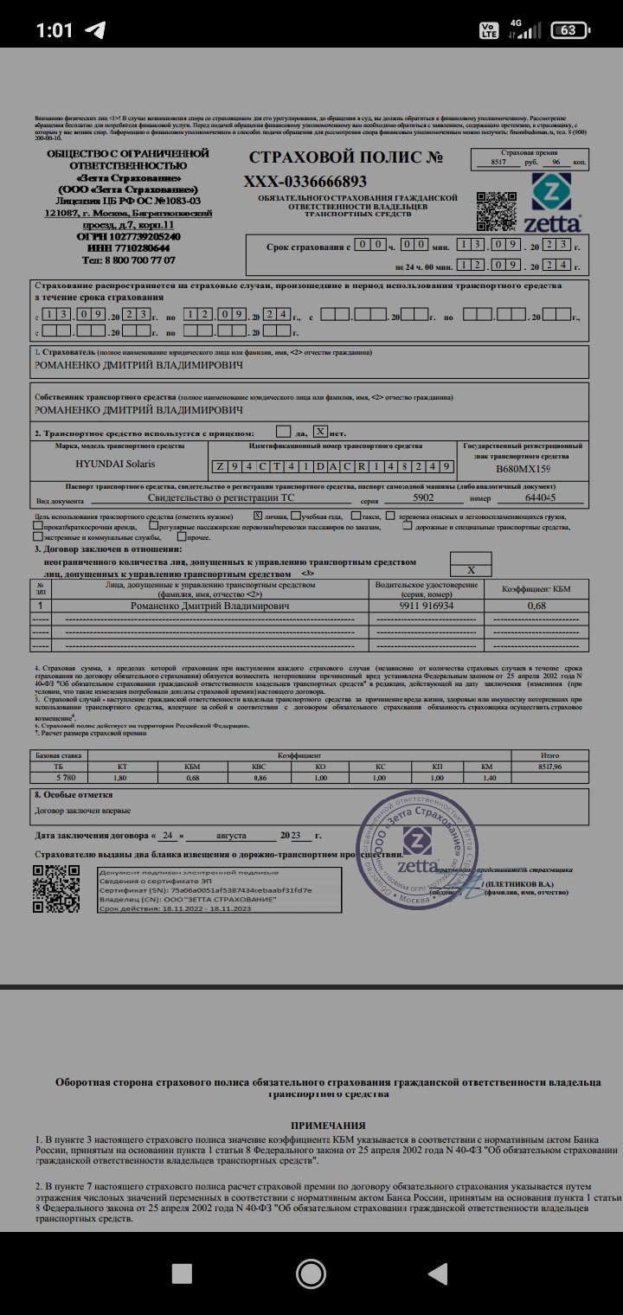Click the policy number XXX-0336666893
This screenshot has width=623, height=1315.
click(x=305, y=182)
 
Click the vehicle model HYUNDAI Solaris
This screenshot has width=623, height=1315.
click(x=116, y=464)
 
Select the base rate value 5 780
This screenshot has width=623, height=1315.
click(x=58, y=778)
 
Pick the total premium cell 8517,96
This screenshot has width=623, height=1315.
click(x=549, y=766)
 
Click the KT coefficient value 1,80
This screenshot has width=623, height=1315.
click(x=121, y=778)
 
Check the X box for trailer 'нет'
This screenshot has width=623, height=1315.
click(x=320, y=431)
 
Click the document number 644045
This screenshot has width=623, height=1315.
click(x=541, y=498)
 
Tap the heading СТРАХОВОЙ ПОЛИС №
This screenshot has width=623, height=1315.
click(x=346, y=158)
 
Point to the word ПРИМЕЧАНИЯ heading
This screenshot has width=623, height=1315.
click(x=310, y=1124)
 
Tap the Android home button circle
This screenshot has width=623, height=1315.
click(x=311, y=1273)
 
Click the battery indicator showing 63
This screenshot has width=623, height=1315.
click(x=568, y=29)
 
